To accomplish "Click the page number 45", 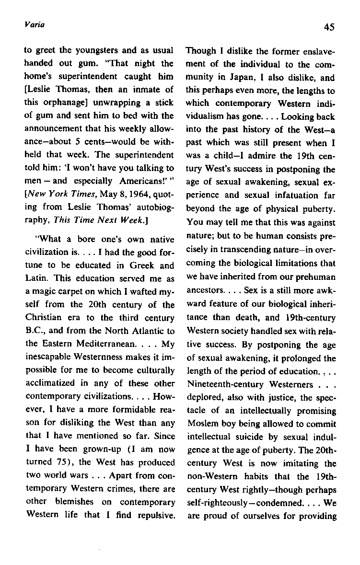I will point(329,27).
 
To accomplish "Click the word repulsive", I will point(153,502).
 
